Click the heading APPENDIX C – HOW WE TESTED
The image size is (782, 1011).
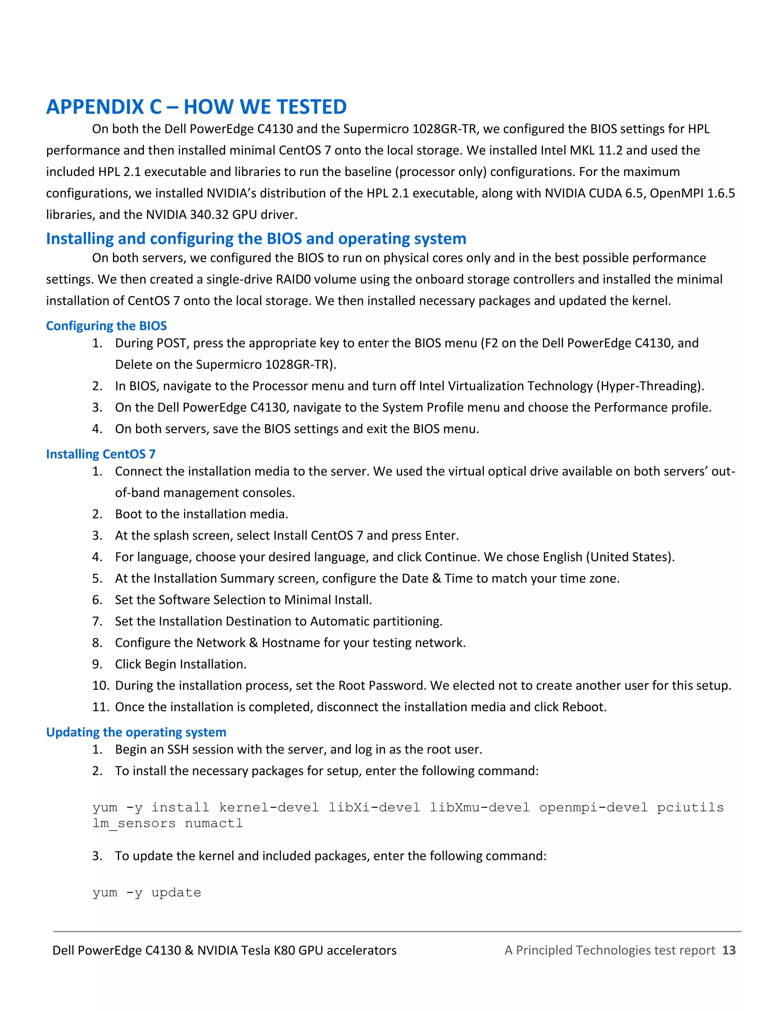point(196,107)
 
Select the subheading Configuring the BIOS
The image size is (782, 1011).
point(106,326)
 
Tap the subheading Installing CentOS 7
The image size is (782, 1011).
point(100,454)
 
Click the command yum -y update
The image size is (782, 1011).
point(147,892)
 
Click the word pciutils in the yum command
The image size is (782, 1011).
point(690,808)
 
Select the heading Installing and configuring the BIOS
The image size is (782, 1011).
point(256,238)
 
